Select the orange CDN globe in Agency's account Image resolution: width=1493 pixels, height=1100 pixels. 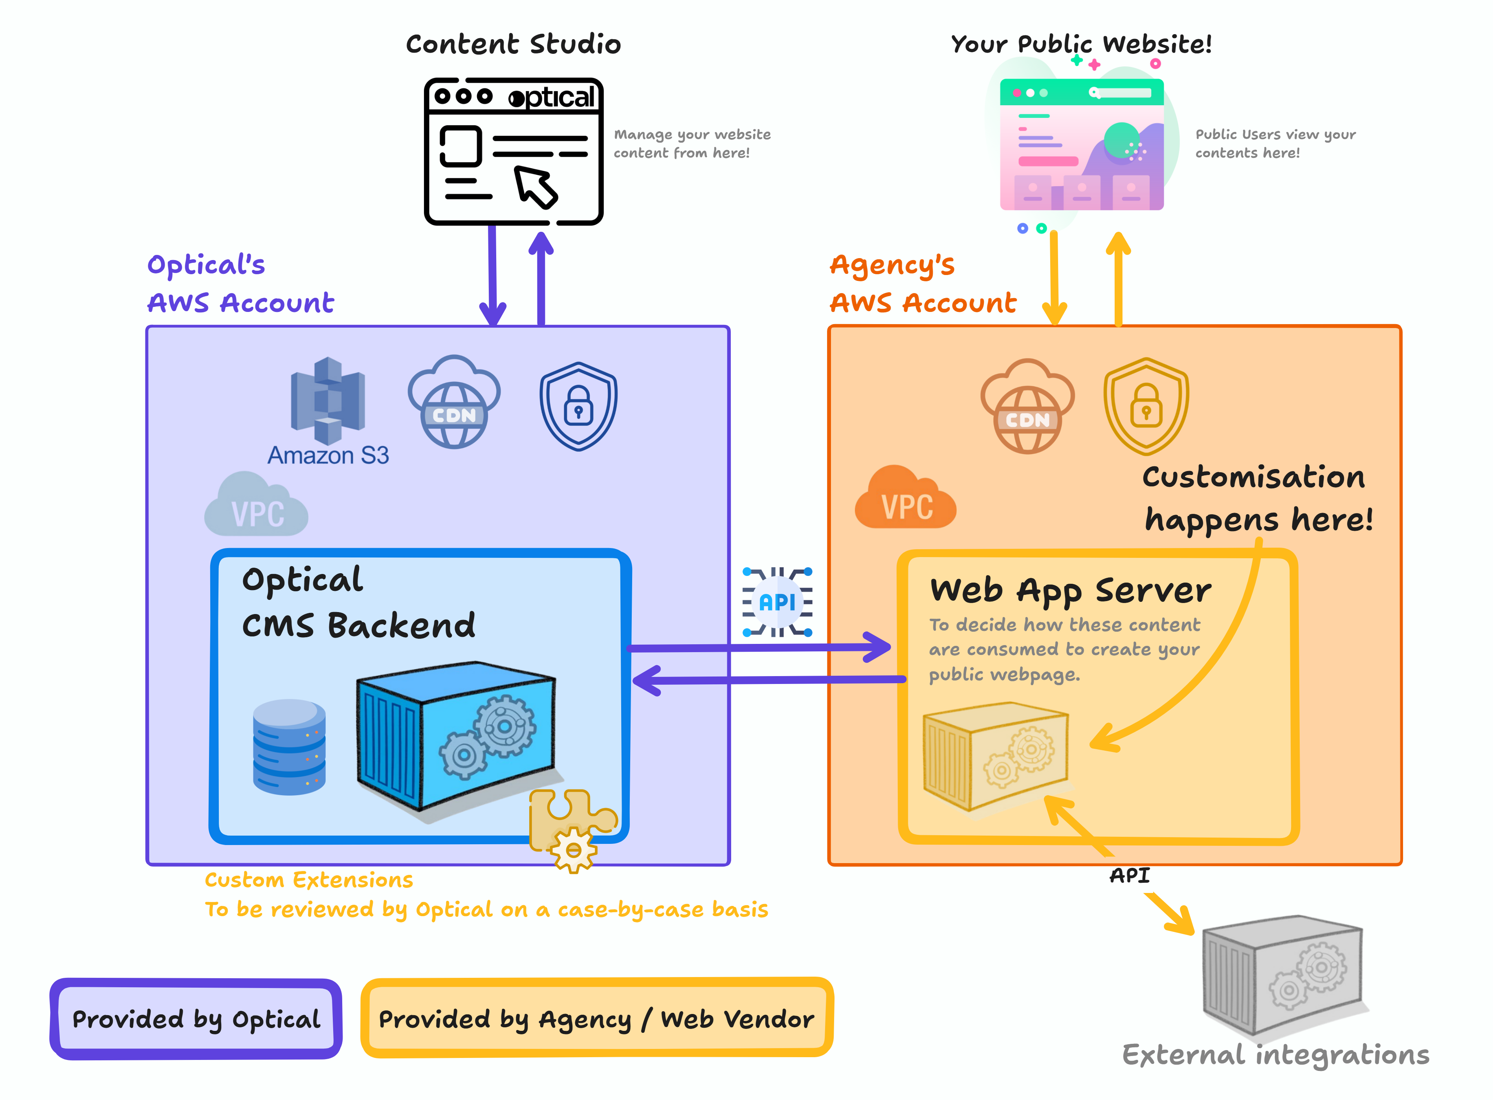pyautogui.click(x=1027, y=407)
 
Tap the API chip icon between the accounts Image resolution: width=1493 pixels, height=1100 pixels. pyautogui.click(x=777, y=602)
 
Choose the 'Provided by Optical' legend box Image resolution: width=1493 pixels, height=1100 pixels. pyautogui.click(x=196, y=1019)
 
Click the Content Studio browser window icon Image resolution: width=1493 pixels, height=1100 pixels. pyautogui.click(x=514, y=152)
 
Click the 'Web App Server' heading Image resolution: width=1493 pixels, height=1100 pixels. pyautogui.click(x=1070, y=590)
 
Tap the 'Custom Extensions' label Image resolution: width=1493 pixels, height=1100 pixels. pyautogui.click(x=309, y=880)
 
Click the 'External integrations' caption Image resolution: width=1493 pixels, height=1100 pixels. pyautogui.click(x=1275, y=1055)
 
